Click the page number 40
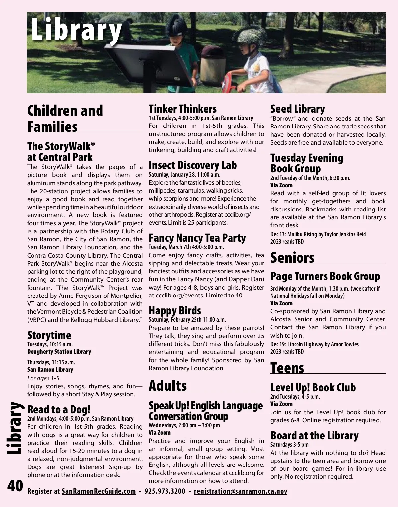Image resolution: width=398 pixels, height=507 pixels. [15, 486]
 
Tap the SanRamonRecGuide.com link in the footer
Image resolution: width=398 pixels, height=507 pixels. [99, 491]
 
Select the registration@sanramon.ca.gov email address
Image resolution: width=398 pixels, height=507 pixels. [240, 491]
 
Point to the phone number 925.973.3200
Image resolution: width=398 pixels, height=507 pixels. [165, 491]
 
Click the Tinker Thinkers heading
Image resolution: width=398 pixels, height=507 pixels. [182, 109]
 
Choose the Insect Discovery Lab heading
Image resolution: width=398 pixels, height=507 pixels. [193, 165]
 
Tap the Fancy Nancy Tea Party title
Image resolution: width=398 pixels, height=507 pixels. [197, 238]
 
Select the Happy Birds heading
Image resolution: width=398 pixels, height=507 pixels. [175, 311]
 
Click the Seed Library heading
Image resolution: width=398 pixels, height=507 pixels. [298, 109]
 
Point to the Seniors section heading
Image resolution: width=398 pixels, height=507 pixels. [292, 258]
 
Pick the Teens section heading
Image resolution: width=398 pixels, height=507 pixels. [287, 368]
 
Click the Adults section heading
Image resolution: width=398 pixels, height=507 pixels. [168, 386]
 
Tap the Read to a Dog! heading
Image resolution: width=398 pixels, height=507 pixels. [59, 410]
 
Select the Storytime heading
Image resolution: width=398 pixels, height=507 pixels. [49, 335]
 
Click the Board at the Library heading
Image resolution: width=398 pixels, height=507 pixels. [314, 436]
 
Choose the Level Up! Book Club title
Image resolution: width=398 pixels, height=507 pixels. [313, 388]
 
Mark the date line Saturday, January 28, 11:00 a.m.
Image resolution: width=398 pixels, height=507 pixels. [184, 175]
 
